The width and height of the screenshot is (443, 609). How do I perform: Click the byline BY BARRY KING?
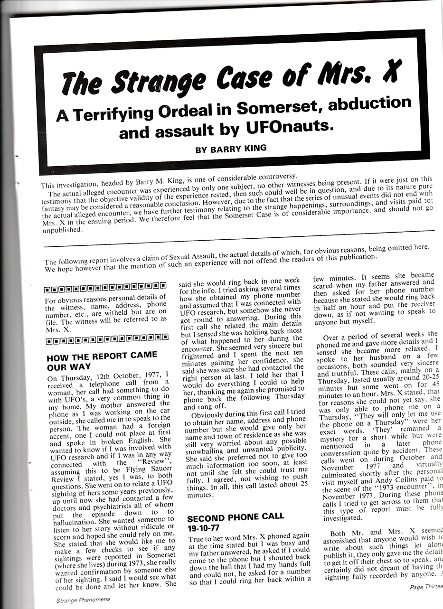pos(231,148)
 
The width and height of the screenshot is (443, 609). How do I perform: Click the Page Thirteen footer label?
pos(426,587)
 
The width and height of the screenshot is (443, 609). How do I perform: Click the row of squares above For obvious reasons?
pos(105,288)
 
